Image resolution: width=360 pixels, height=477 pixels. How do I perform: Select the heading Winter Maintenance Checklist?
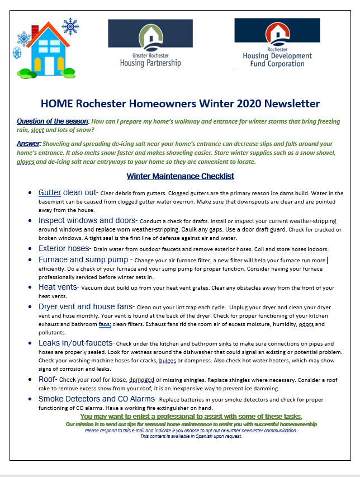point(180,177)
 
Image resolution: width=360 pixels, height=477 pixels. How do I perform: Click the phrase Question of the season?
point(53,121)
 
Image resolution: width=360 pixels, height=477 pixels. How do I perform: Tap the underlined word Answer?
point(27,144)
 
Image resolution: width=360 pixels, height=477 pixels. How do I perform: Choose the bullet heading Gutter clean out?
point(68,192)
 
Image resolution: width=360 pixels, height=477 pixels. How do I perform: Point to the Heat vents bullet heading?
point(58,287)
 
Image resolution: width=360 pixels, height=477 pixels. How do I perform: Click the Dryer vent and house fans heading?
point(86,306)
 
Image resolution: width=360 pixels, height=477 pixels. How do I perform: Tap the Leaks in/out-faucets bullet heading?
point(76,343)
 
